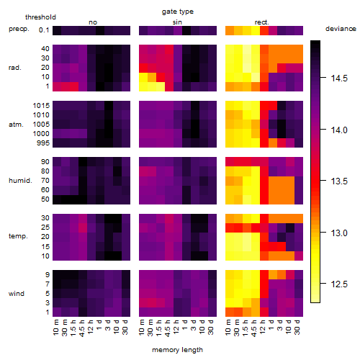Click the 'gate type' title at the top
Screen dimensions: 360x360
point(178,12)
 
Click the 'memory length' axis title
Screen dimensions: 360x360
point(178,350)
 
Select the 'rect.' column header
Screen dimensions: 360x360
point(262,22)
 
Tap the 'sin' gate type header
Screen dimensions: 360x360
point(177,22)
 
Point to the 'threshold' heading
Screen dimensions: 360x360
point(40,17)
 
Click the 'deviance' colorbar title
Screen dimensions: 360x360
point(341,29)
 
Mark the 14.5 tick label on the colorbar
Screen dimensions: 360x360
point(339,78)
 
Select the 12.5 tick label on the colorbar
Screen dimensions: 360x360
point(339,284)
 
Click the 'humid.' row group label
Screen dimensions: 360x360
point(20,181)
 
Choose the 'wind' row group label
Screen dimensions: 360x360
point(17,294)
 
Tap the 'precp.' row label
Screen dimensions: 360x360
point(19,29)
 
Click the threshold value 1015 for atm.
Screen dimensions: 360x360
point(41,106)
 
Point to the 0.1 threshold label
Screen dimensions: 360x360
point(44,30)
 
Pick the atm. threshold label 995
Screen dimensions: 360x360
point(43,143)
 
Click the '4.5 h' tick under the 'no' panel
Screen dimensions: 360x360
point(81,328)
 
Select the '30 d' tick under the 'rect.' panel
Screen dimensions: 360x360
point(297,327)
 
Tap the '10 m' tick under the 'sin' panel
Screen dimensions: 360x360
point(142,328)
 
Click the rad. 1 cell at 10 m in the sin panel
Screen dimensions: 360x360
point(143,86)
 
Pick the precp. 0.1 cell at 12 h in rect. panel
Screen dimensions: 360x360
point(264,30)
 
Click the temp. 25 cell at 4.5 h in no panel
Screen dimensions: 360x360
point(83,228)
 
